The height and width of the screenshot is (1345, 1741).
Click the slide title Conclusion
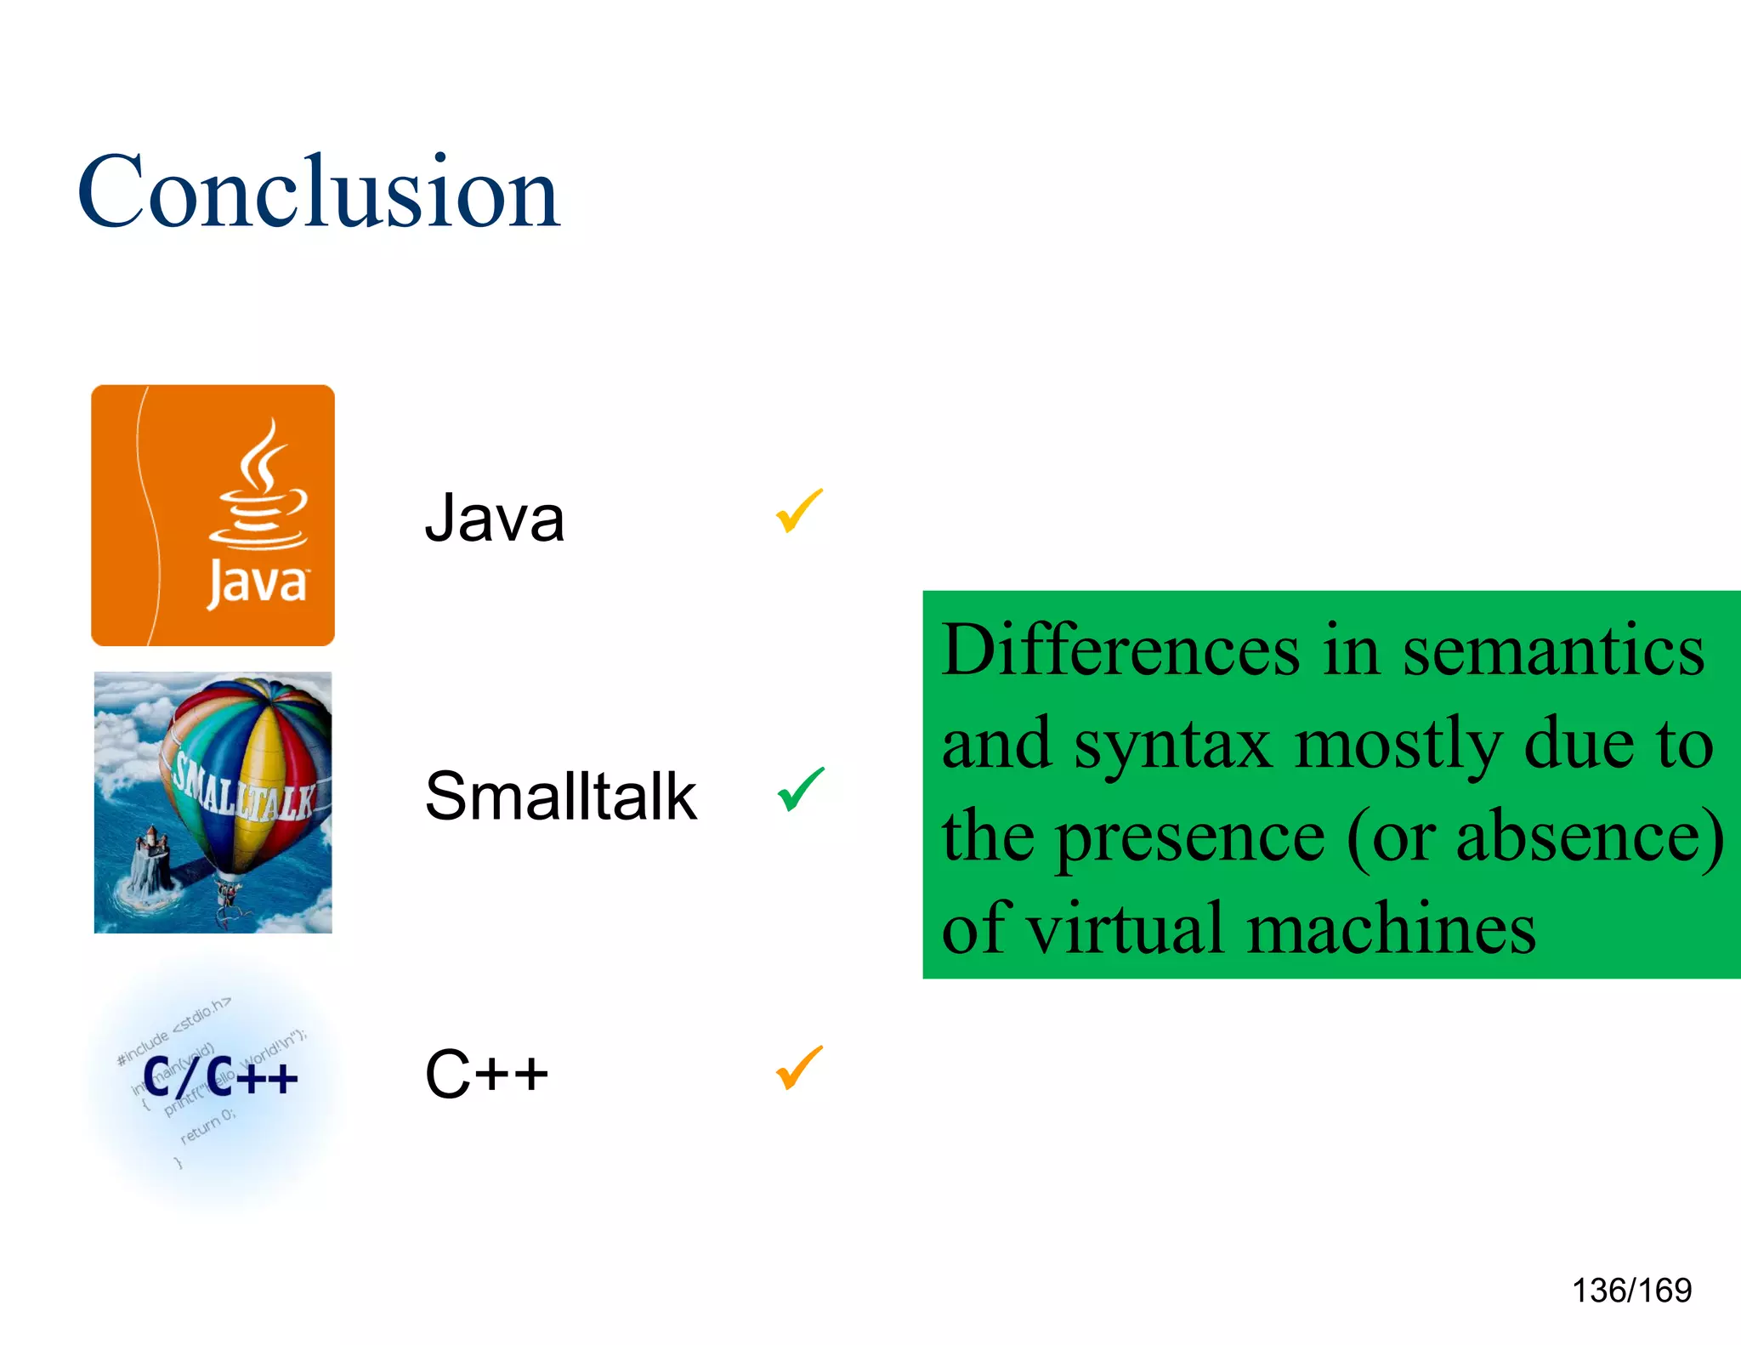319,192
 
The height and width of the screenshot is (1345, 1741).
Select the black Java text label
495,518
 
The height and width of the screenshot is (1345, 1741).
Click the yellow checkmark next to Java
799,510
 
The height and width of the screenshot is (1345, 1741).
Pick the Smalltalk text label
561,797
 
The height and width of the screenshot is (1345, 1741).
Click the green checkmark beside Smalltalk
800,789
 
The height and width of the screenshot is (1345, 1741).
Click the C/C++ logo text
220,1078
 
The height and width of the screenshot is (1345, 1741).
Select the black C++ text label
486,1074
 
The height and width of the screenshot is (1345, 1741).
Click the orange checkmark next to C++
799,1067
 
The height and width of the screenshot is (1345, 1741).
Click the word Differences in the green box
1120,650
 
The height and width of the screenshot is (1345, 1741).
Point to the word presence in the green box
1189,837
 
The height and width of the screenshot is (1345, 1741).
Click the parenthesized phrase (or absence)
1535,837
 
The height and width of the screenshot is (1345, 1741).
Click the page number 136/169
1631,1291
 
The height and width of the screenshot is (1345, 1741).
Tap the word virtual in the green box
1126,929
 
